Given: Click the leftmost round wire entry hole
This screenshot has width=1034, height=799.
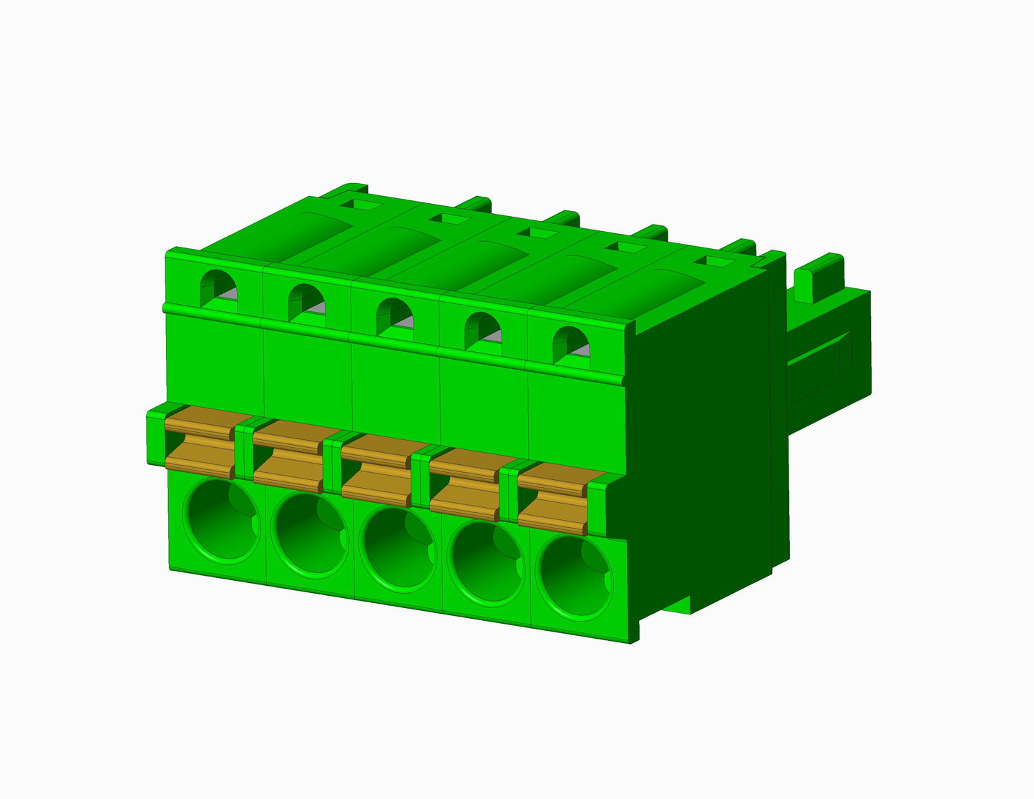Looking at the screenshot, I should pos(221,521).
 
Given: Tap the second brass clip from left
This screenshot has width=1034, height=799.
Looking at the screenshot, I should pos(288,455).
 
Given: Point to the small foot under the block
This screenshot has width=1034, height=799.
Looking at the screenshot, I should pos(680,605).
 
